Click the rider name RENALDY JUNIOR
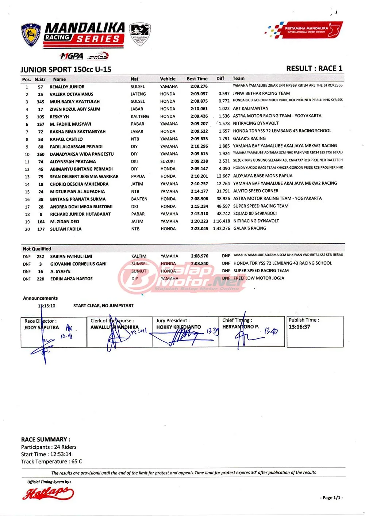tap(67, 87)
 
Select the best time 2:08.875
tap(199, 101)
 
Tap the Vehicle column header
tap(168, 79)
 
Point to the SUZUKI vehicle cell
tap(168, 161)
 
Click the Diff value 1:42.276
tap(222, 228)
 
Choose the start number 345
tap(41, 102)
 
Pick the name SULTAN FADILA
tap(66, 229)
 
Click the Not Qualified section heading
tap(37, 249)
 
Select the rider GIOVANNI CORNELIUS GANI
tap(78, 264)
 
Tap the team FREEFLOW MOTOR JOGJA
tap(259, 278)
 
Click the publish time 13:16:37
tap(299, 327)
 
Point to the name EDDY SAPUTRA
tap(42, 327)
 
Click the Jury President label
tap(173, 320)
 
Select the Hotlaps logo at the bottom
tap(48, 493)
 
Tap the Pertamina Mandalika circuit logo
tap(304, 30)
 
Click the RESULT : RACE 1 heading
tap(314, 68)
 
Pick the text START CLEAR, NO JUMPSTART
tap(103, 306)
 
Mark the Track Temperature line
tap(51, 462)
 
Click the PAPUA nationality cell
tap(138, 176)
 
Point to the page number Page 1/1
tap(332, 497)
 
